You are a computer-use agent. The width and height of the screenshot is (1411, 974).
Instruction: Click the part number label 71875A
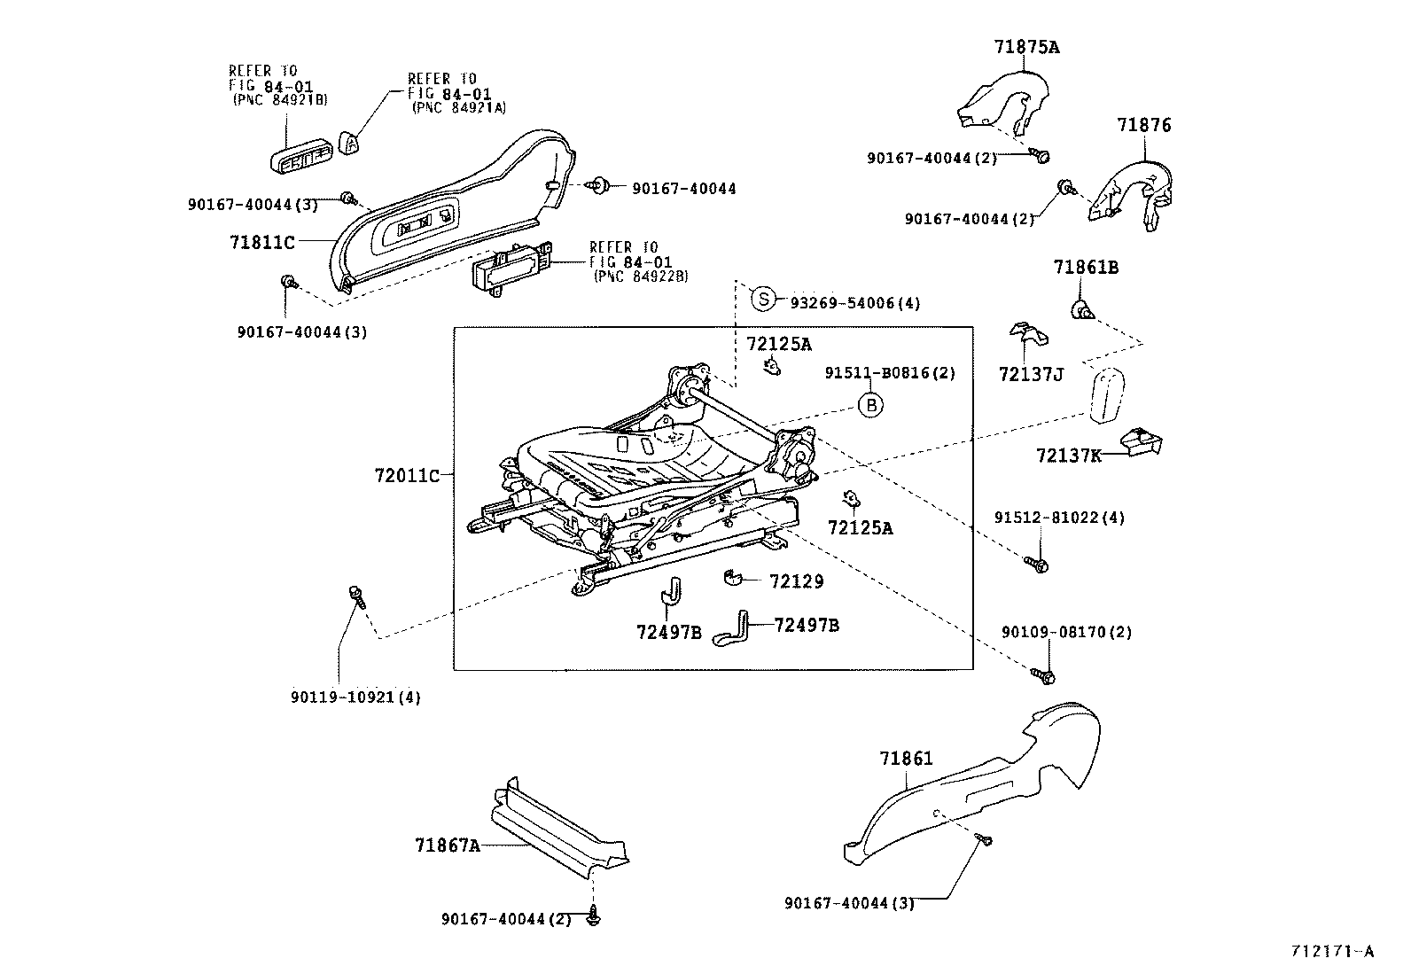point(1026,47)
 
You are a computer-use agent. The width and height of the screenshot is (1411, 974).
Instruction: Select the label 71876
point(1143,125)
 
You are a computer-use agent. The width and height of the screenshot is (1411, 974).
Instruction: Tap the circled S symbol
point(763,299)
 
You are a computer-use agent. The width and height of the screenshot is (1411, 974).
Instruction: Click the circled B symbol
point(871,405)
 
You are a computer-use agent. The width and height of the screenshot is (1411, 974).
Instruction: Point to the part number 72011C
point(406,476)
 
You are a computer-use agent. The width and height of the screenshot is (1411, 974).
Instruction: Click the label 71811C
point(261,240)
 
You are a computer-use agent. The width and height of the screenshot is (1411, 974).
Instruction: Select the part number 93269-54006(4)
point(854,303)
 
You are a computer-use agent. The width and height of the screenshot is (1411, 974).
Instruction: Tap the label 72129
point(796,581)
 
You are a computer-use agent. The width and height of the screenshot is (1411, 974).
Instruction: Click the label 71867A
point(447,845)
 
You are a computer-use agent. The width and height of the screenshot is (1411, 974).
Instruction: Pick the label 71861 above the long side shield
point(906,759)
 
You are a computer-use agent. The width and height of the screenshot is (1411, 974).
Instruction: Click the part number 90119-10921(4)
point(355,697)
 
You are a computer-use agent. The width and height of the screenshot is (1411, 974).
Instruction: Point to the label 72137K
point(1068,456)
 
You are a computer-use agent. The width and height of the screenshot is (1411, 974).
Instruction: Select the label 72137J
point(1030,374)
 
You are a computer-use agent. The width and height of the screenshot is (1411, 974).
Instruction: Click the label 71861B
point(1085,268)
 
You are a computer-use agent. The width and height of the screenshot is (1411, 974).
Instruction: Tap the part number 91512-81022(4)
point(1058,517)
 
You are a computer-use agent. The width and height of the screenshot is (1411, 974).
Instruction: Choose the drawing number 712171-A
point(1331,951)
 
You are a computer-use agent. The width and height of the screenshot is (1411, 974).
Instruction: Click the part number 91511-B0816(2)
point(890,373)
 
